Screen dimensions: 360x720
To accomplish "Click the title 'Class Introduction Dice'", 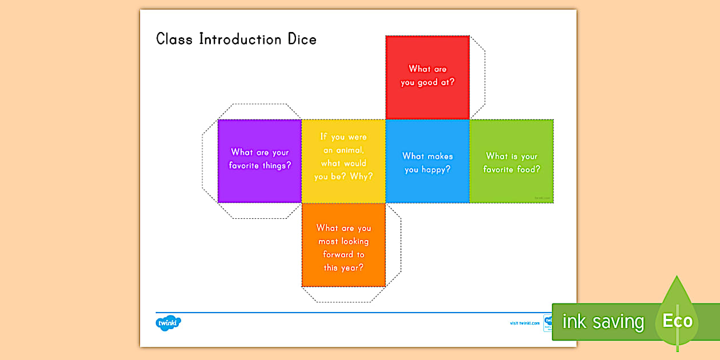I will pyautogui.click(x=236, y=39).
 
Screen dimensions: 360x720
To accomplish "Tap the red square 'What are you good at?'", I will pyautogui.click(x=427, y=77).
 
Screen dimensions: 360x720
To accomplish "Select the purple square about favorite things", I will pyautogui.click(x=260, y=161).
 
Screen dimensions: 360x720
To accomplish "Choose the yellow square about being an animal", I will pyautogui.click(x=343, y=161).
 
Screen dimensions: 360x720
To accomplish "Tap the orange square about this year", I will pyautogui.click(x=343, y=245).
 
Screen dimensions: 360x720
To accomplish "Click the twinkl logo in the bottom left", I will pyautogui.click(x=168, y=323).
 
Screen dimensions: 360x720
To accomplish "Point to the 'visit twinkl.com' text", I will pyautogui.click(x=525, y=323).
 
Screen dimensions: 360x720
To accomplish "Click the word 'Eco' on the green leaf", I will pyautogui.click(x=677, y=321).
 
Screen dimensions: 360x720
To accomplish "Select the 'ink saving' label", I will pyautogui.click(x=603, y=322).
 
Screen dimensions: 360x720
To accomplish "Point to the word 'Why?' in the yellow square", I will pyautogui.click(x=361, y=177).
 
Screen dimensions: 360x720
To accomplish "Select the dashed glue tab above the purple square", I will pyautogui.click(x=260, y=111).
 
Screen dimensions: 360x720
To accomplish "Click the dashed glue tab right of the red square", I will pyautogui.click(x=477, y=77).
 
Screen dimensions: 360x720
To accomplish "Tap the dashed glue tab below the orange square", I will pyautogui.click(x=343, y=294).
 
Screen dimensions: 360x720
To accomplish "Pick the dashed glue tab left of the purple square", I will pyautogui.click(x=210, y=161).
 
